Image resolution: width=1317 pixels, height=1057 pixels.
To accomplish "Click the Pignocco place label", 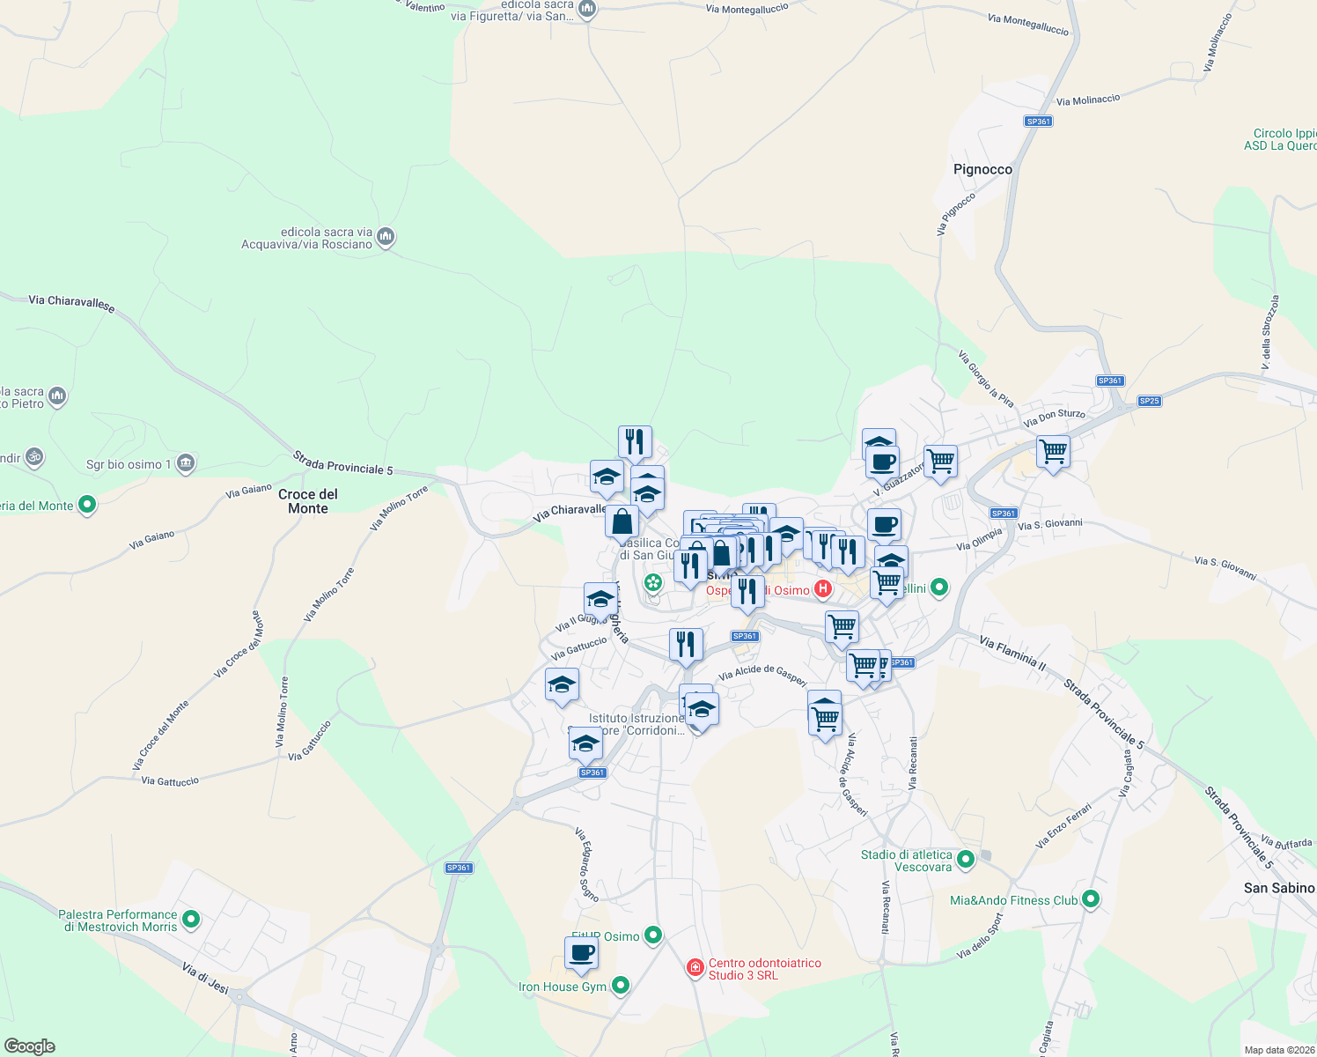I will click(x=982, y=169).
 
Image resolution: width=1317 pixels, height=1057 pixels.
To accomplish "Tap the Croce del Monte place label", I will click(x=307, y=501).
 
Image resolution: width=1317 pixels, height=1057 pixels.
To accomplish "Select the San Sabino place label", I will click(x=1278, y=888).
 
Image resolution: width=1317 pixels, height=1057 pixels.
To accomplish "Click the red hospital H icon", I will click(x=823, y=588).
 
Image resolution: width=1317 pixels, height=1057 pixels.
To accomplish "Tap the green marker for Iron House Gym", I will click(x=621, y=986).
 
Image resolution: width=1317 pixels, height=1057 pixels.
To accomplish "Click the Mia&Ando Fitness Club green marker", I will click(x=1091, y=899).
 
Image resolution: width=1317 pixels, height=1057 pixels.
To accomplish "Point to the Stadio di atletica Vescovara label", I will click(x=907, y=861).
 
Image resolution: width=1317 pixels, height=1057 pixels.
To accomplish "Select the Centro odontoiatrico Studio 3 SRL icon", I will click(x=695, y=968).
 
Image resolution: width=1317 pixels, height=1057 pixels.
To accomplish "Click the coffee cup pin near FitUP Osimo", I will click(x=581, y=953).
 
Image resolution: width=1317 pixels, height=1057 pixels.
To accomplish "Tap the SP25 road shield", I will click(x=1149, y=401).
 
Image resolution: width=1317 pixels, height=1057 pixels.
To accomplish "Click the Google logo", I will click(x=29, y=1046).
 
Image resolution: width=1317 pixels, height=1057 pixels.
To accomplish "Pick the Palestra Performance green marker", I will click(x=191, y=920).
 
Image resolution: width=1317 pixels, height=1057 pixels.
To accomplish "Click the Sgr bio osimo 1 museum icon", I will click(x=185, y=463).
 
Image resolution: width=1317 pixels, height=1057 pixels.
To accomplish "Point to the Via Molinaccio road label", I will click(x=1088, y=100).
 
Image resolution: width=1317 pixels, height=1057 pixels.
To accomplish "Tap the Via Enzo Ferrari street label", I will click(x=1063, y=825).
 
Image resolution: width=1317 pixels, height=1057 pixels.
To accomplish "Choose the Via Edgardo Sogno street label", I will click(x=586, y=864).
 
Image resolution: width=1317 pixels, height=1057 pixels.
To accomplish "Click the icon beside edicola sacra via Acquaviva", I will click(x=386, y=237).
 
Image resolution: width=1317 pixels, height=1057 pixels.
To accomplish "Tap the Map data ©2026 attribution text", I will click(x=1279, y=1049).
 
